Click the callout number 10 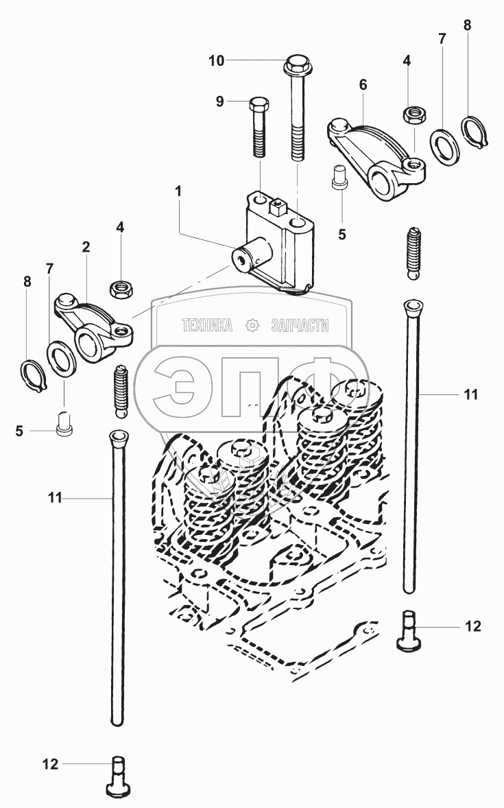coord(217,61)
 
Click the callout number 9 coord(219,102)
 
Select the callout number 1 coord(178,191)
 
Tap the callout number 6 coord(363,84)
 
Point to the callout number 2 coord(86,247)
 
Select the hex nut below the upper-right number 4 coord(415,113)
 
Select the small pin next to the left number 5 coord(65,424)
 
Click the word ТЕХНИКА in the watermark coord(207,325)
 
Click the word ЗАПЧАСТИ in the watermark coord(300,325)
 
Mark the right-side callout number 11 coord(470,394)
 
